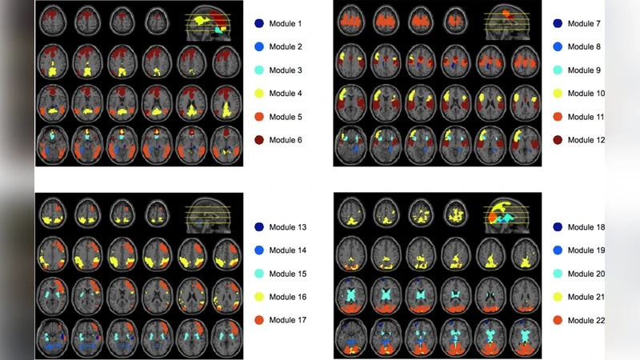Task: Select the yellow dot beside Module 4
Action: coord(258,94)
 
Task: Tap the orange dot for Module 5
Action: coord(258,117)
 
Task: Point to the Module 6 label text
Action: coord(286,140)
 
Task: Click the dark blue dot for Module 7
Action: coord(557,24)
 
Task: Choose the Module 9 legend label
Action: coord(584,70)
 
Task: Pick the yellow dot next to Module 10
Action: coord(557,94)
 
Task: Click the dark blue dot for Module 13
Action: coord(258,228)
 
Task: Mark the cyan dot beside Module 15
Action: coord(258,274)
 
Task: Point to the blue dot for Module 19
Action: coord(557,251)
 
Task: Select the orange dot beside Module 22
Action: coord(557,321)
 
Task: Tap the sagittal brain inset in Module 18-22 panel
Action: coord(507,214)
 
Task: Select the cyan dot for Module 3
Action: coord(258,70)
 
